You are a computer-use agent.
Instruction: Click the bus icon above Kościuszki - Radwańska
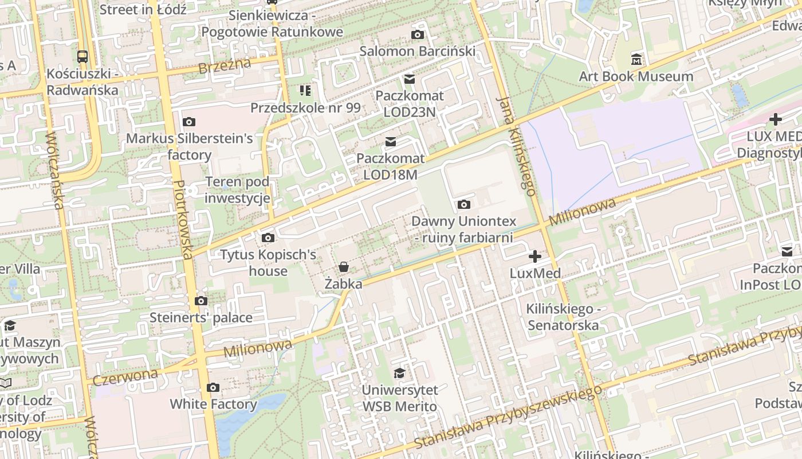tap(82, 56)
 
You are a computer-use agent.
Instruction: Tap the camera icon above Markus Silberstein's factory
tap(188, 122)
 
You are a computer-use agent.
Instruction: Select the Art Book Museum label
tap(636, 76)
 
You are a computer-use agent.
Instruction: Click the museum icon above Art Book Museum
tap(636, 59)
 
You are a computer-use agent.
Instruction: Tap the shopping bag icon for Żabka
tap(343, 267)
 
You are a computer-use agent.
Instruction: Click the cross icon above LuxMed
tap(535, 256)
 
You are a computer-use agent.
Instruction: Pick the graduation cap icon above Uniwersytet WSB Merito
tap(399, 374)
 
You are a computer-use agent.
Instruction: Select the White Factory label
tap(213, 404)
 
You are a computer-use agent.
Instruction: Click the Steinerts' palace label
tap(200, 317)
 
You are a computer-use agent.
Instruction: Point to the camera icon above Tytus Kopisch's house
tap(268, 238)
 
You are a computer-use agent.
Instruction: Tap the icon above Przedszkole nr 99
tap(305, 90)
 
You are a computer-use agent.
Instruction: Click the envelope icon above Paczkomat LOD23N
tap(410, 79)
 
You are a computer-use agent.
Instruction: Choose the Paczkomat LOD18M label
tap(390, 166)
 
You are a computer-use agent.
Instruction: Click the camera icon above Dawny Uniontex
tap(464, 204)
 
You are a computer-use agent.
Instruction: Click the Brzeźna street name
tap(224, 65)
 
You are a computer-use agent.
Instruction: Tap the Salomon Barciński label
tap(417, 51)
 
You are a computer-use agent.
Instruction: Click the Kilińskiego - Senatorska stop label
tap(563, 317)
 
